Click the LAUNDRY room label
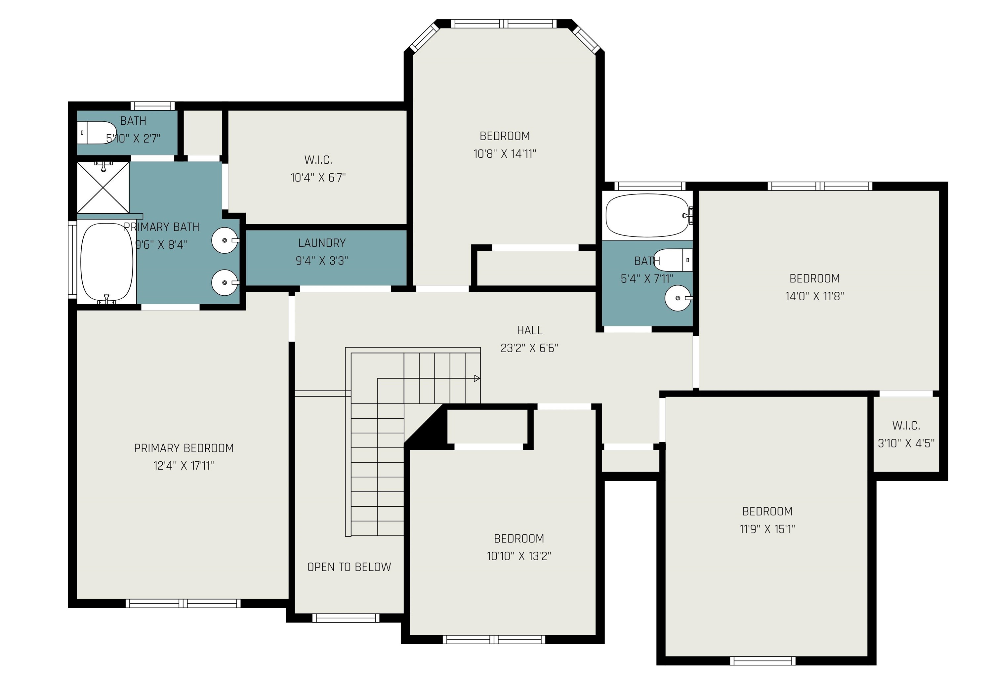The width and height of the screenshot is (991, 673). (x=322, y=243)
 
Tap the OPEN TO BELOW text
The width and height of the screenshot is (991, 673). (x=349, y=567)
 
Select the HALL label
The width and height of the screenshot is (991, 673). (x=530, y=330)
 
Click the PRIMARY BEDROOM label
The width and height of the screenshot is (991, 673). (x=184, y=448)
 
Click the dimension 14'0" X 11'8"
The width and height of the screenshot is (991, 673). (x=815, y=296)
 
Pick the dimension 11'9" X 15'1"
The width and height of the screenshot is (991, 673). (x=767, y=529)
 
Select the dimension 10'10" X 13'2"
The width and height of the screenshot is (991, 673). (x=519, y=556)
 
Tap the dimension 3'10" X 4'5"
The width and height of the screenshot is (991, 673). (x=906, y=443)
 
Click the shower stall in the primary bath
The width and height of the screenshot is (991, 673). (x=103, y=188)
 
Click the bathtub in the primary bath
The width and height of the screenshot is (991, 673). (x=107, y=262)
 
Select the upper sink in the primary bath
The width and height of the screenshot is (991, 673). (x=225, y=240)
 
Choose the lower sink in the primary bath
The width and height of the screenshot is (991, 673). (x=225, y=282)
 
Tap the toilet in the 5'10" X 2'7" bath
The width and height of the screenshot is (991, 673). (x=97, y=133)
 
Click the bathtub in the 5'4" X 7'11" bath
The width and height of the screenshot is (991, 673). (x=648, y=215)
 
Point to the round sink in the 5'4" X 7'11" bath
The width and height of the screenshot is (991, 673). (x=678, y=298)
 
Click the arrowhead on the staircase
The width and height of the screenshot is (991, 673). (x=477, y=378)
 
